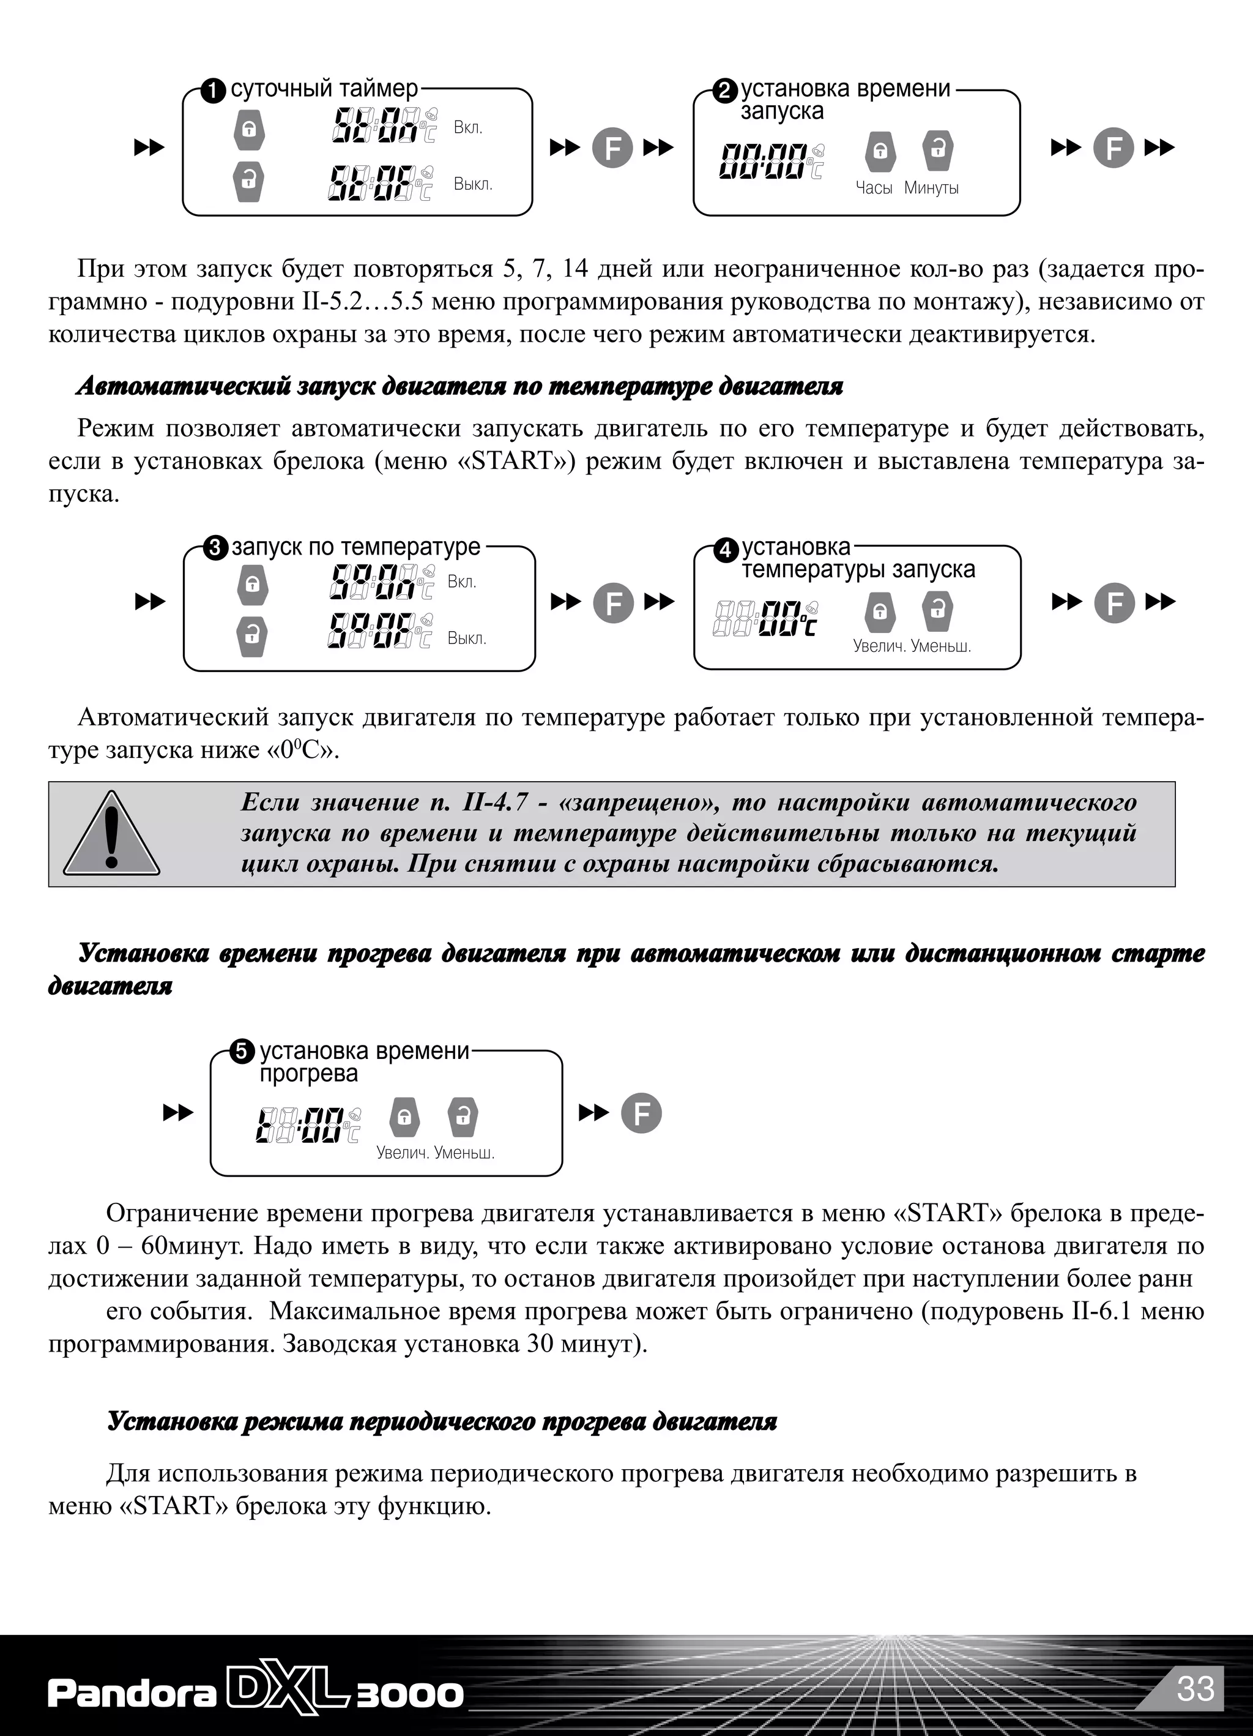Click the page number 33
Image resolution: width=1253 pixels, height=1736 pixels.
click(x=1195, y=1688)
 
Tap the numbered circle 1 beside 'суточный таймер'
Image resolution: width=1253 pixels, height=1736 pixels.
click(x=214, y=91)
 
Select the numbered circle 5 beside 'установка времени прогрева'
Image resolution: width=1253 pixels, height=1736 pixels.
click(x=242, y=1052)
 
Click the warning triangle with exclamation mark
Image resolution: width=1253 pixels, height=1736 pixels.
click(x=112, y=834)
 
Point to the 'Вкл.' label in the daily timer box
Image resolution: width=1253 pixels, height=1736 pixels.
click(x=468, y=128)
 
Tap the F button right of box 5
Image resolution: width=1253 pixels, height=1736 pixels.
click(x=641, y=1113)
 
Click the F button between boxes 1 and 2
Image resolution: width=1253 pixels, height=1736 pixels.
click(x=612, y=148)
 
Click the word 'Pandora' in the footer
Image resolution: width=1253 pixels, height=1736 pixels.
click(x=132, y=1694)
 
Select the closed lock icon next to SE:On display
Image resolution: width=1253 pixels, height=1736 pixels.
click(x=250, y=129)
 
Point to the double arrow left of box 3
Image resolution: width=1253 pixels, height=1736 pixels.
click(x=151, y=602)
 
